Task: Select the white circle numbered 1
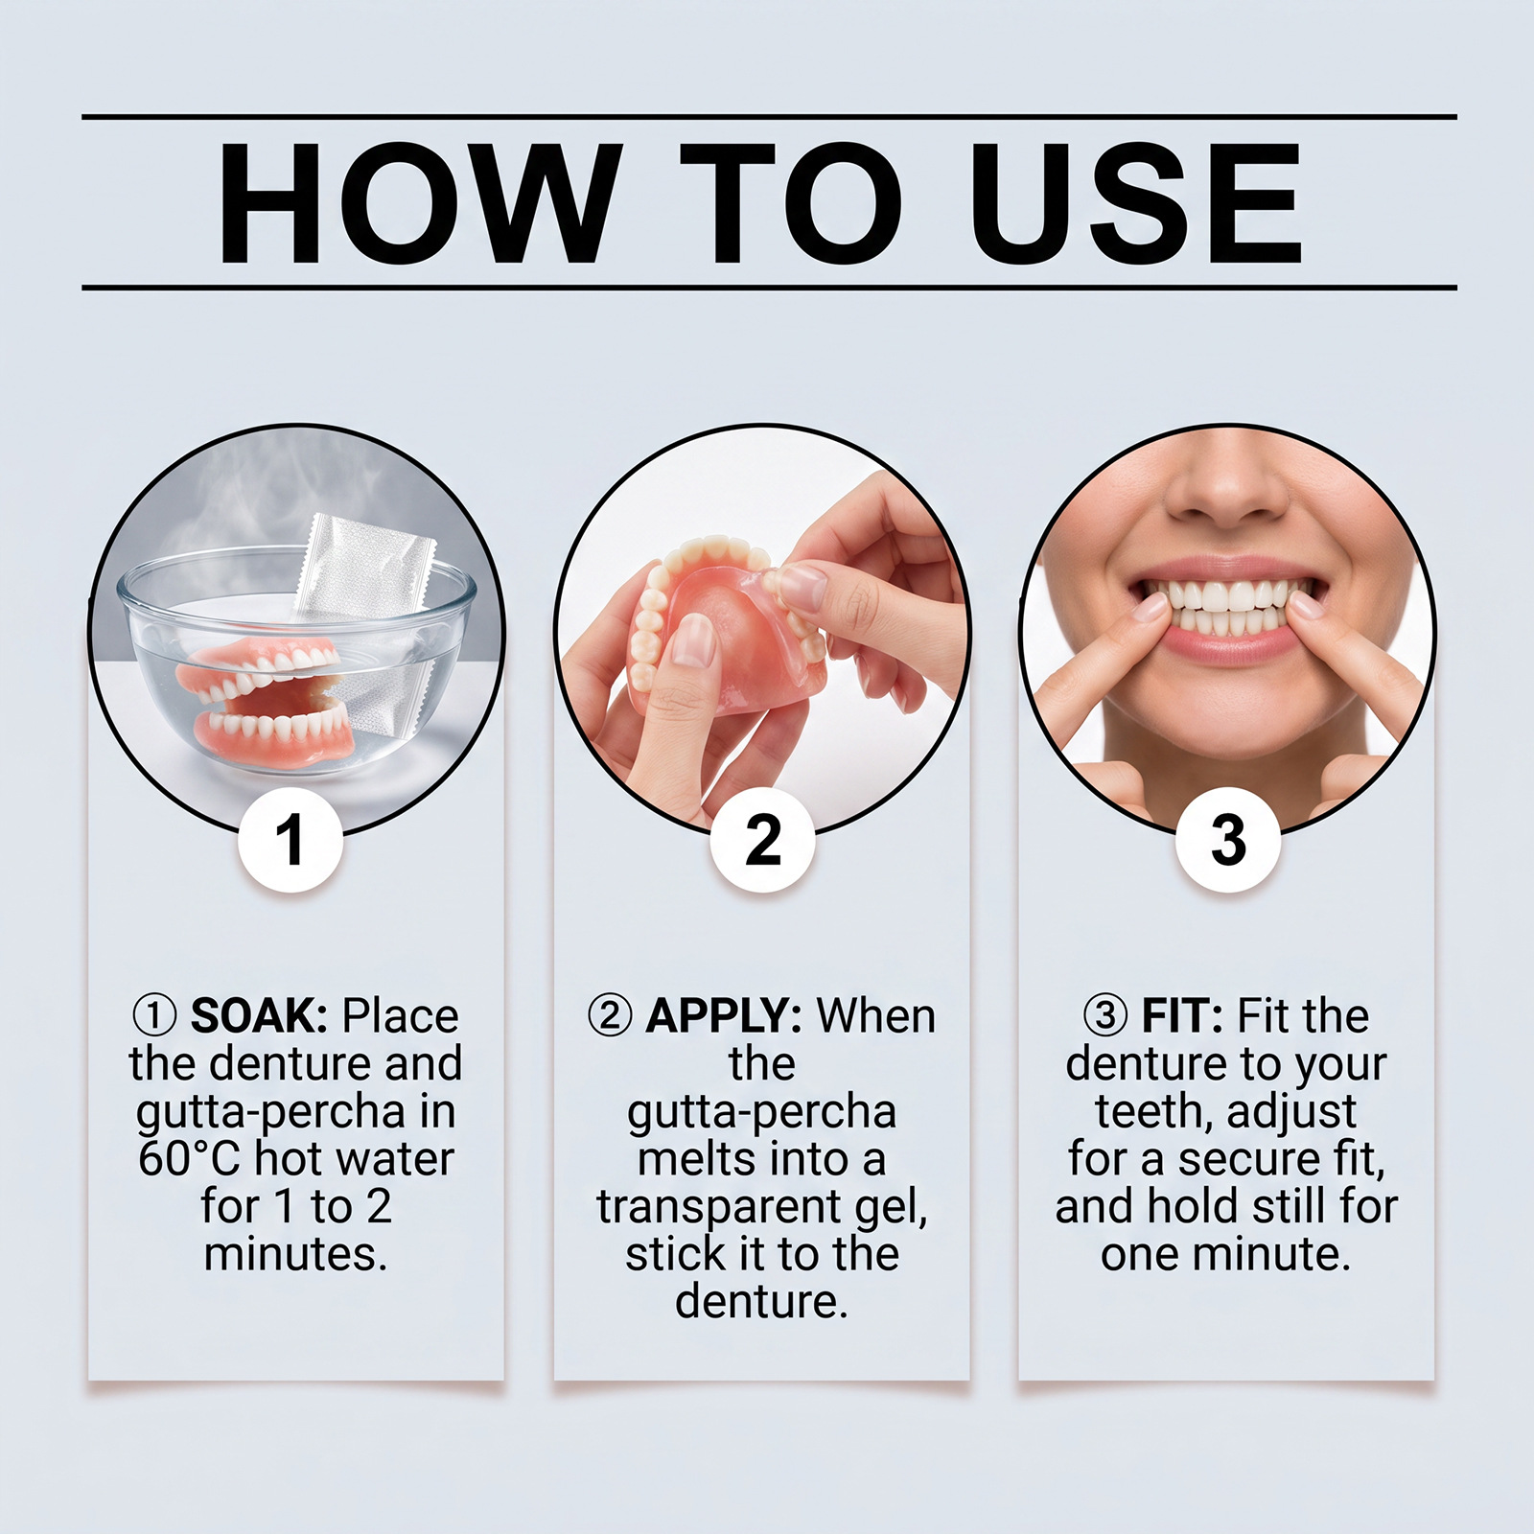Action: (x=291, y=840)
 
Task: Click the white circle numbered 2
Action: (x=762, y=840)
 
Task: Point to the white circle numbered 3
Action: (x=1228, y=840)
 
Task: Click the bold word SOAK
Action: (x=260, y=1016)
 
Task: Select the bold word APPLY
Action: (x=724, y=1016)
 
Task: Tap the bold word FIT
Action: (x=1182, y=1016)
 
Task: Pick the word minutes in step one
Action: (x=295, y=1255)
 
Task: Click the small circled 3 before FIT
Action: (x=1106, y=1017)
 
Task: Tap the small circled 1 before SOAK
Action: (x=153, y=1017)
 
